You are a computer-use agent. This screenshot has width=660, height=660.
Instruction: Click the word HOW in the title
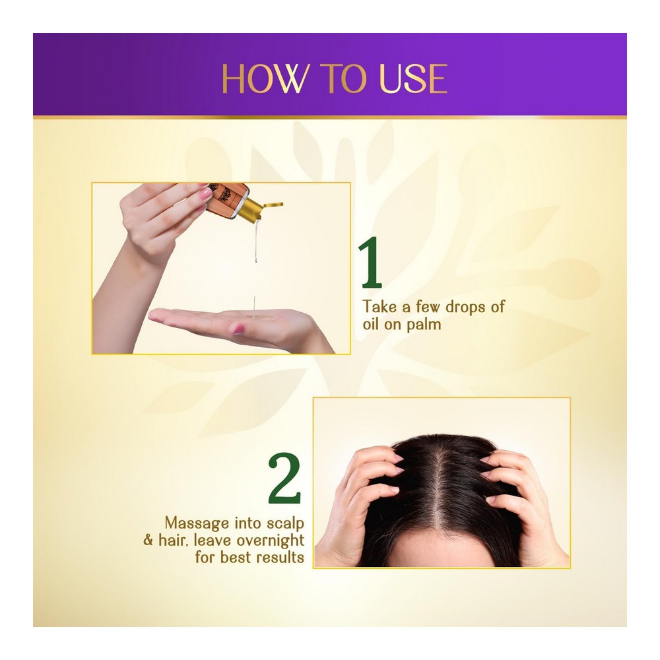click(265, 79)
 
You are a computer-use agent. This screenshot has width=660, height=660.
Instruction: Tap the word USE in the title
click(413, 79)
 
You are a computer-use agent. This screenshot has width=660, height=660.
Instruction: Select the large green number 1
click(370, 262)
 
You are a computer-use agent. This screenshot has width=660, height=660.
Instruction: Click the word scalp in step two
click(285, 523)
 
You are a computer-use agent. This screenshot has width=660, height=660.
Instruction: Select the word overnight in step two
click(270, 541)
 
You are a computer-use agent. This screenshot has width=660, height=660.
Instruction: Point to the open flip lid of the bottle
click(273, 205)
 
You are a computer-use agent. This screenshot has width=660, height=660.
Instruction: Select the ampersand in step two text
click(148, 541)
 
